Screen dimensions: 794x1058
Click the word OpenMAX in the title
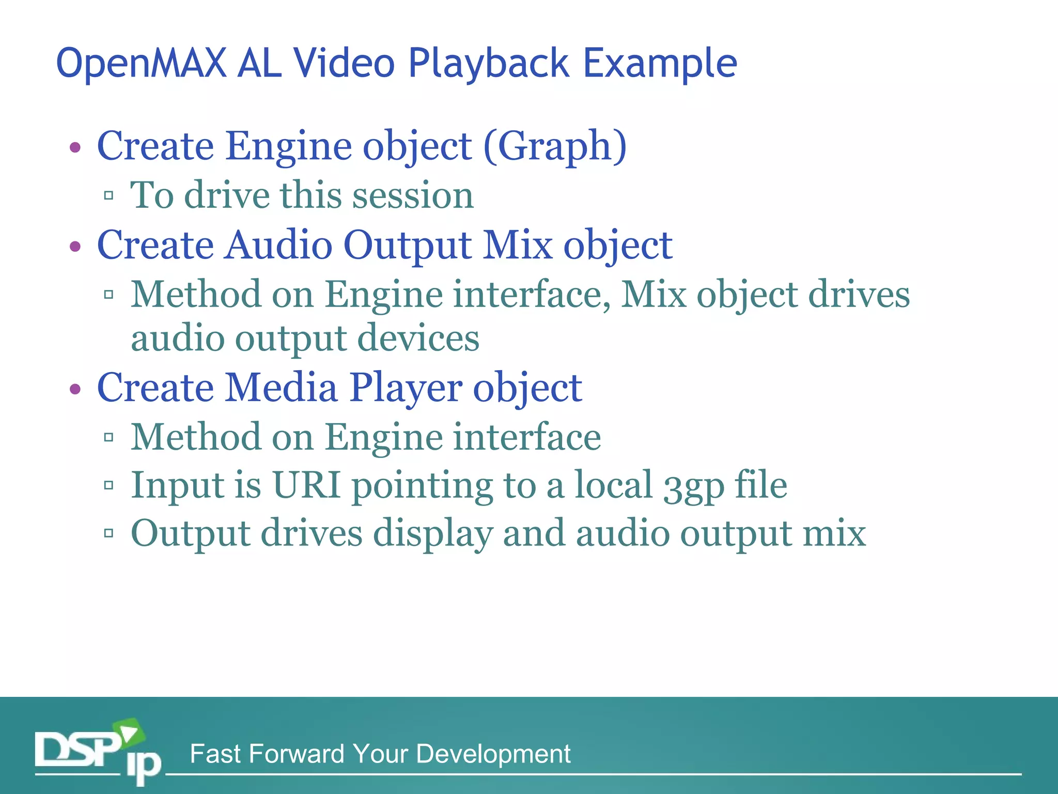tap(141, 64)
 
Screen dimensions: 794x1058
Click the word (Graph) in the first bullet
tap(555, 146)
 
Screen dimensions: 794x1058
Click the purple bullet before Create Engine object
tap(75, 148)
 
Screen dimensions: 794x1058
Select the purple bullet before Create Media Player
tap(75, 389)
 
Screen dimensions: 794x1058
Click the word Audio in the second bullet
tap(279, 245)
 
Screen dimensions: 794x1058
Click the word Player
tap(406, 388)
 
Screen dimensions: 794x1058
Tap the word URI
tap(306, 485)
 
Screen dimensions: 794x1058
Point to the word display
tap(433, 534)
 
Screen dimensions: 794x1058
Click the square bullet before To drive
tap(108, 195)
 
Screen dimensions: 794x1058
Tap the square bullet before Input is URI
tap(108, 485)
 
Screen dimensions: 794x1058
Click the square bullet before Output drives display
tap(108, 533)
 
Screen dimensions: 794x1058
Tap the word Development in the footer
tap(493, 754)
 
